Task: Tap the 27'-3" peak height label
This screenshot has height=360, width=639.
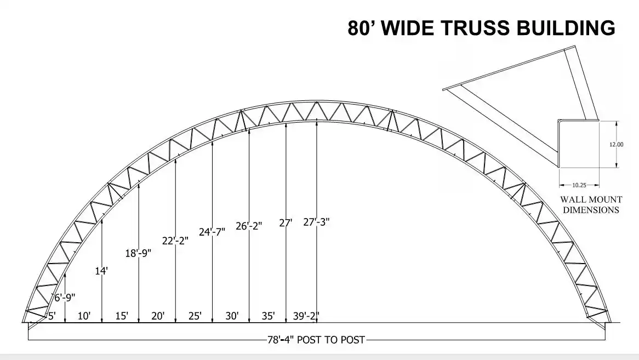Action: (x=316, y=222)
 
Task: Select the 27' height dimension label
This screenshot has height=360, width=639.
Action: (x=286, y=223)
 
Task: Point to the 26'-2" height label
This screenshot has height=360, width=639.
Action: (x=249, y=226)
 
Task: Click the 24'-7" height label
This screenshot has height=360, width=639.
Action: (x=212, y=232)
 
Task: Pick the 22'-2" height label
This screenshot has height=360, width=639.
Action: (x=175, y=241)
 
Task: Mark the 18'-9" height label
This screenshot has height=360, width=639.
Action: (x=138, y=253)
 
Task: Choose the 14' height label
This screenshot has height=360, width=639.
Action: (x=101, y=270)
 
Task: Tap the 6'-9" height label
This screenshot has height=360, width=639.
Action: (x=65, y=298)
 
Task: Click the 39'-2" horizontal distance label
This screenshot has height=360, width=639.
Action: (x=306, y=316)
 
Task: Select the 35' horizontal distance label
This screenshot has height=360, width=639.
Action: (x=268, y=316)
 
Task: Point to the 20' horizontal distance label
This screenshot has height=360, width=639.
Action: (x=158, y=316)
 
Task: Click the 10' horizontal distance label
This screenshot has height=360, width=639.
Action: (x=84, y=316)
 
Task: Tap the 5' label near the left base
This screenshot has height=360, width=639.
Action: (x=52, y=316)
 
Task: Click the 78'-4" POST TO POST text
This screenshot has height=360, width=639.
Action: (x=316, y=340)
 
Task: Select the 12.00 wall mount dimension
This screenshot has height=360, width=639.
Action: (x=616, y=145)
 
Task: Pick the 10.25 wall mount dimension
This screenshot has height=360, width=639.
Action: (x=579, y=185)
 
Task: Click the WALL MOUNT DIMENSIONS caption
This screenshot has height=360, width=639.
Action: (x=591, y=205)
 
